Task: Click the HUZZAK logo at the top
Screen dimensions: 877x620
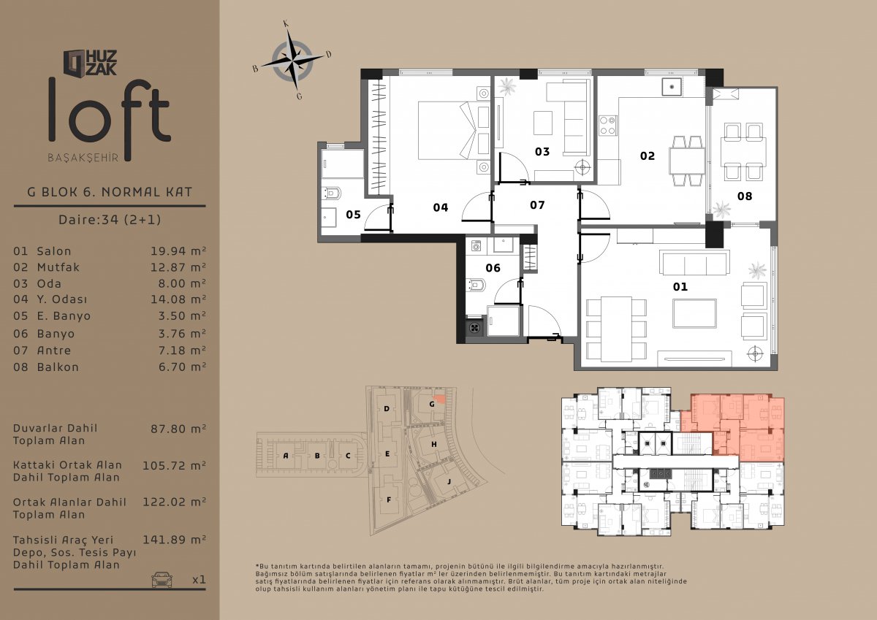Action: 90,63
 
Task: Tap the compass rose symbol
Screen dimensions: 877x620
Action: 292,60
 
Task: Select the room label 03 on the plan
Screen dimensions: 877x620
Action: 542,151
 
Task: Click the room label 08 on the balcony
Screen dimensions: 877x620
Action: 744,196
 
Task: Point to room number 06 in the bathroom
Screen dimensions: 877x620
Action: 493,268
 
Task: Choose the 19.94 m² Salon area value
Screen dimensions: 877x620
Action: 178,251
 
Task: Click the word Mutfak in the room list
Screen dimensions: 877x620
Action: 58,267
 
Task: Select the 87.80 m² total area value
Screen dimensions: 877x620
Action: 178,429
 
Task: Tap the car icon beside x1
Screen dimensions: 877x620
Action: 162,579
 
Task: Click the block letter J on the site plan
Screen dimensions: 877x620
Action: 449,481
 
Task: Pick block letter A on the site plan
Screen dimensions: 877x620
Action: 286,456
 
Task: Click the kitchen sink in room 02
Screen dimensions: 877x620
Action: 672,87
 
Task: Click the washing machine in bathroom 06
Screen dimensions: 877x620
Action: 476,245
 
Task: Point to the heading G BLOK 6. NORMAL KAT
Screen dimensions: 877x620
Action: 110,192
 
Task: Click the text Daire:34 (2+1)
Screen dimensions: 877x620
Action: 110,219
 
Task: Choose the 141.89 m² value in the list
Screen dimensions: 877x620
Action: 174,540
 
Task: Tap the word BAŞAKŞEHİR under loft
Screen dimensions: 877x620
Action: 83,158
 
